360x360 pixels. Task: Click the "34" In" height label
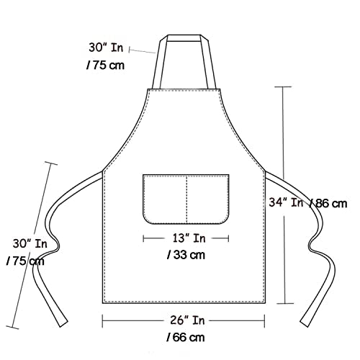(x=287, y=203)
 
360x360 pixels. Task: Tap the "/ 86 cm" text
(x=328, y=203)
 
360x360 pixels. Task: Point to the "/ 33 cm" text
(x=186, y=254)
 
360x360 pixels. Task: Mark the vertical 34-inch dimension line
(x=286, y=144)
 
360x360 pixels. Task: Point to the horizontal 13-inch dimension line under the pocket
(x=155, y=238)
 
